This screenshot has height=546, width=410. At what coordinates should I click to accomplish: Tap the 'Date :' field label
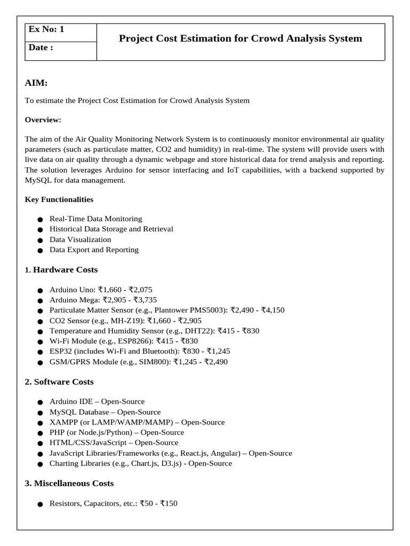pyautogui.click(x=41, y=47)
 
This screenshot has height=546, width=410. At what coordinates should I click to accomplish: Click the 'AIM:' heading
pyautogui.click(x=36, y=83)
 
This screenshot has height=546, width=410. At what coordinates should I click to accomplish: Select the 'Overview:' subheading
pyautogui.click(x=43, y=120)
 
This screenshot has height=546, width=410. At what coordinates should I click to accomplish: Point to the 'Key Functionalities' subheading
pyautogui.click(x=59, y=199)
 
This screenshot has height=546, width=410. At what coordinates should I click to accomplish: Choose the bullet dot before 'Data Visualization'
pyautogui.click(x=40, y=240)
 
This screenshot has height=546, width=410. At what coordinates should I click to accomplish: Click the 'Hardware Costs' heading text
pyautogui.click(x=65, y=270)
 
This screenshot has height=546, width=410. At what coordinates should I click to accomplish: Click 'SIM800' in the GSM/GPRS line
pyautogui.click(x=156, y=362)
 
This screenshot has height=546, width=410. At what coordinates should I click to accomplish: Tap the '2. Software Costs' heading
pyautogui.click(x=59, y=382)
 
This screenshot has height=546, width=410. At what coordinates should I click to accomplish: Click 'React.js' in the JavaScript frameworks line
pyautogui.click(x=194, y=453)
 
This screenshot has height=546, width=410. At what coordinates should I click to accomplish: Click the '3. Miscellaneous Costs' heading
pyautogui.click(x=69, y=483)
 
